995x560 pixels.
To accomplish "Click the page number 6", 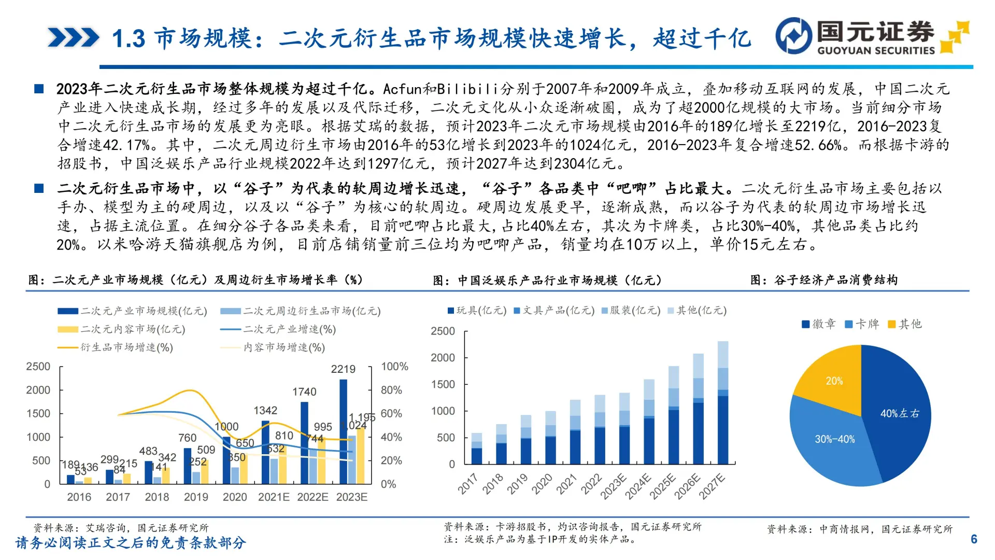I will (974, 539).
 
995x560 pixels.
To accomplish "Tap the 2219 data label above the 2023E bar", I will (343, 369).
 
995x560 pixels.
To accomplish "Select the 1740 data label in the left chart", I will (304, 392).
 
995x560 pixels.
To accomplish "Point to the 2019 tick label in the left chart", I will (196, 497).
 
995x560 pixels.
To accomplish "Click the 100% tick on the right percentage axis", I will (394, 367).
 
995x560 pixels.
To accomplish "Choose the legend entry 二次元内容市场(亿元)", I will (122, 329).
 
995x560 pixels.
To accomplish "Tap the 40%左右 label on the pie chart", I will (900, 413).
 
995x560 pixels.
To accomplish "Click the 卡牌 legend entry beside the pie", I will (862, 325).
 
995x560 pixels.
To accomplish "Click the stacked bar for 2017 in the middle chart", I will (477, 449).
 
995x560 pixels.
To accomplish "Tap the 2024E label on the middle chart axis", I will (638, 486).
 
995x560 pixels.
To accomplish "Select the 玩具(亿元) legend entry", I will (477, 311).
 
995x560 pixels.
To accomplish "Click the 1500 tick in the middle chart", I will (443, 384).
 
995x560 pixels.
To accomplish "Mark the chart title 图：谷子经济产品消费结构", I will (824, 280).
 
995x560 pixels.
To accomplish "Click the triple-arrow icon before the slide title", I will (73, 38).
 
